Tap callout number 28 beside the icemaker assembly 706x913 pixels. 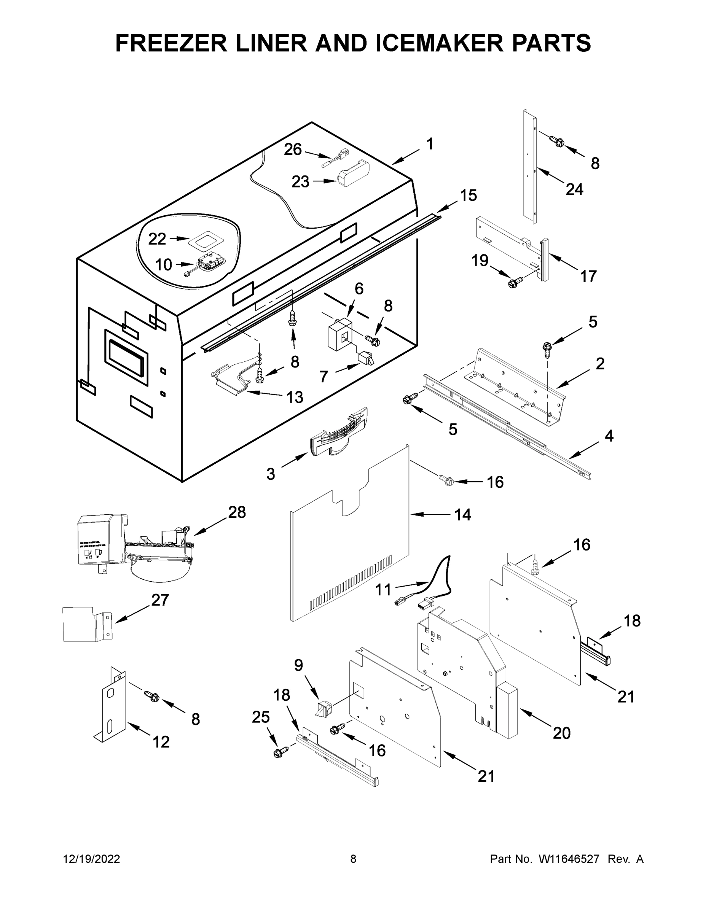click(237, 512)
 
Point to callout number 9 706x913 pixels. click(298, 665)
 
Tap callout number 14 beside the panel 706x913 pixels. click(462, 515)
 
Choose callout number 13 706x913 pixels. click(295, 397)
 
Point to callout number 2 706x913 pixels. click(600, 364)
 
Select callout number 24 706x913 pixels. click(574, 189)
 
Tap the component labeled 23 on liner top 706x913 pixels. click(354, 173)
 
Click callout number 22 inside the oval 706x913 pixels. click(157, 239)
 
